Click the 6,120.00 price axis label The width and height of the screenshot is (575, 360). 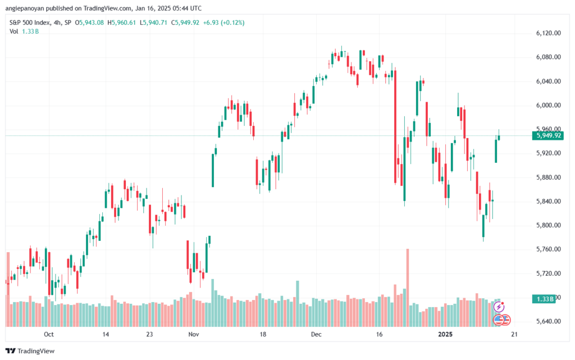pos(548,33)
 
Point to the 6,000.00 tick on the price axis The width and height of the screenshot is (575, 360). pos(548,105)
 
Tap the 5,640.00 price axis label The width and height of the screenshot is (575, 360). pos(548,321)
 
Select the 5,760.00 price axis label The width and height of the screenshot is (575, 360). pos(548,249)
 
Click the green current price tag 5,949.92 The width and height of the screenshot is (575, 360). pos(548,136)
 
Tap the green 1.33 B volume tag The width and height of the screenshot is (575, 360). pos(545,299)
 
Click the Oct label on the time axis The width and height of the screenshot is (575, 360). pos(49,334)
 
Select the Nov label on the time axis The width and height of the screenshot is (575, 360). pos(194,334)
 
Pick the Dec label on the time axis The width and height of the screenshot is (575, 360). pos(316,334)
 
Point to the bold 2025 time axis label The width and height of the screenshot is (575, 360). pos(445,334)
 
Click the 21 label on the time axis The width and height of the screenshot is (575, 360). pos(514,334)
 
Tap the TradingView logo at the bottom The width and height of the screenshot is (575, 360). pos(30,351)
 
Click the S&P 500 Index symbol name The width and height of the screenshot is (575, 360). pos(30,22)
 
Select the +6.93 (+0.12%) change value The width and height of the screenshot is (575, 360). pos(223,22)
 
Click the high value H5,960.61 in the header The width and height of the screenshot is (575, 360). pos(121,22)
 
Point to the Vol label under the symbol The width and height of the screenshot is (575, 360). pos(13,31)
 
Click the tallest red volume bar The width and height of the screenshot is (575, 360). pos(408,288)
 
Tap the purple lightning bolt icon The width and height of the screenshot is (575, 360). pos(499,307)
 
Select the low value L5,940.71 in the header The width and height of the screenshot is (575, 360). pos(153,22)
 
